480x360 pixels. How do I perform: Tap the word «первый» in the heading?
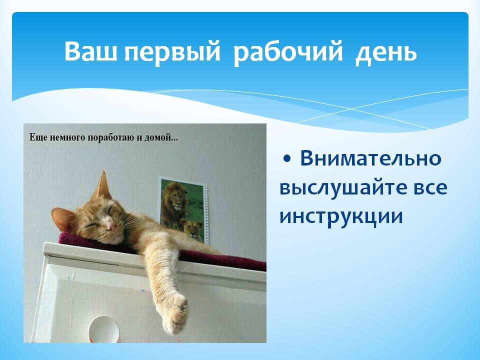click(x=172, y=52)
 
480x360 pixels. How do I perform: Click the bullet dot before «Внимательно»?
click(x=287, y=158)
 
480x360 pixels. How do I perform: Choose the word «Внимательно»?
click(x=370, y=158)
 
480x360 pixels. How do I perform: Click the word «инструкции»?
click(x=341, y=216)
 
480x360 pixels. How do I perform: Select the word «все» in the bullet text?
click(x=430, y=188)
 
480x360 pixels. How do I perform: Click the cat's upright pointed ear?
click(x=103, y=184)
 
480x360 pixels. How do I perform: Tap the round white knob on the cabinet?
click(x=103, y=329)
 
